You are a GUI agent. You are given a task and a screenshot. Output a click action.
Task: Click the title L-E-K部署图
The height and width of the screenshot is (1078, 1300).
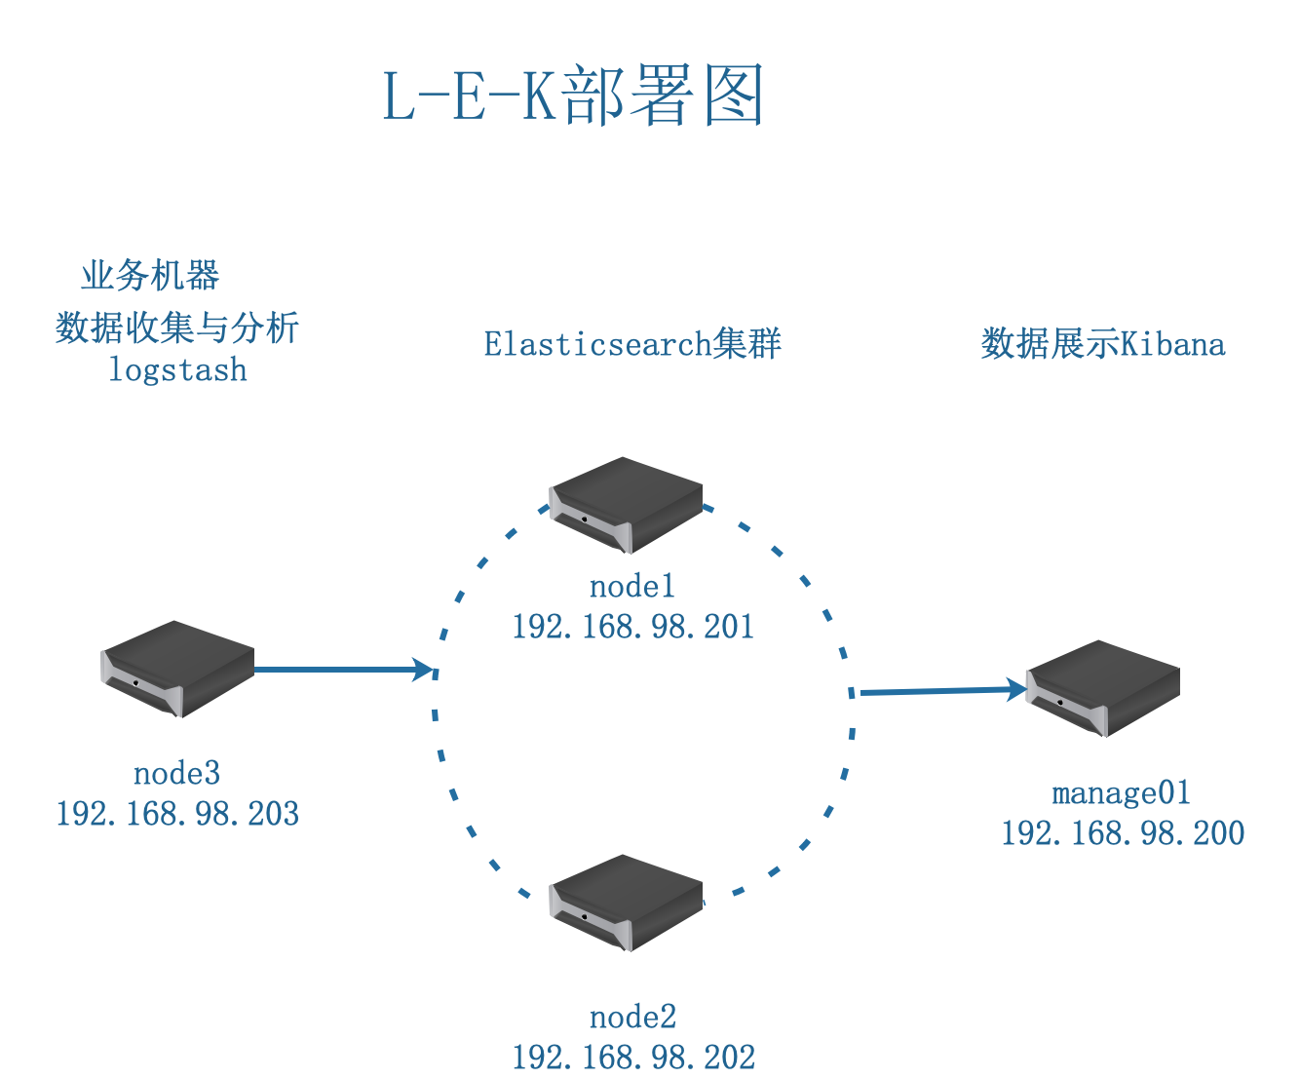point(572,96)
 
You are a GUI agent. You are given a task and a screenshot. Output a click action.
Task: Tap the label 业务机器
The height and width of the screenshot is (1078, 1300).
point(150,276)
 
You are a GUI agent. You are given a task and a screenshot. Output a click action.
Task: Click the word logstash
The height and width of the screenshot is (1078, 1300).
point(177,370)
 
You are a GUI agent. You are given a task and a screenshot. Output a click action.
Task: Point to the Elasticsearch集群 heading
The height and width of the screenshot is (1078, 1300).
point(632,344)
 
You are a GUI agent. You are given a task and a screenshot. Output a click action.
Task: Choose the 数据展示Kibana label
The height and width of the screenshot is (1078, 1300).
point(1102,344)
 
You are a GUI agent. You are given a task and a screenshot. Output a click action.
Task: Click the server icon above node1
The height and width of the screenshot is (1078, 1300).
point(626,504)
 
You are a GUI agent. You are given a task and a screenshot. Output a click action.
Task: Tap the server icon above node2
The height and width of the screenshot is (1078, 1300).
point(626,902)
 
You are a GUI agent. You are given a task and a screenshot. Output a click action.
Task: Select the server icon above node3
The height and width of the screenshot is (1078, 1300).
point(177,669)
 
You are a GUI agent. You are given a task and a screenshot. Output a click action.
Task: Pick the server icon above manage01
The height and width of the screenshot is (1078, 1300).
point(1102,687)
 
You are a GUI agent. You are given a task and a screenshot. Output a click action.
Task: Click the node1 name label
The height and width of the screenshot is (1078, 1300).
point(632,586)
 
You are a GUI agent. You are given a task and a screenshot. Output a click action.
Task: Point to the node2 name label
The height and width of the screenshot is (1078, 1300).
point(632,1017)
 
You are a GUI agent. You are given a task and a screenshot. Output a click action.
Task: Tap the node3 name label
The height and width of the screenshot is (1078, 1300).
point(176,773)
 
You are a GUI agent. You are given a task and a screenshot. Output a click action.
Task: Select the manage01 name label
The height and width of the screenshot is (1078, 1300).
point(1122,792)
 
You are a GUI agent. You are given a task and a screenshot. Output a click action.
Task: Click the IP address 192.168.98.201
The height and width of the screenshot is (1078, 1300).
point(632,626)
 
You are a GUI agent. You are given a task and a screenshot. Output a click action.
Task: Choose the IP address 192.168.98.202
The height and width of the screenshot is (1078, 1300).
point(633,1058)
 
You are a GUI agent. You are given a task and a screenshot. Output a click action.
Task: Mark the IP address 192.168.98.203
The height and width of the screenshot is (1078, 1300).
point(177,813)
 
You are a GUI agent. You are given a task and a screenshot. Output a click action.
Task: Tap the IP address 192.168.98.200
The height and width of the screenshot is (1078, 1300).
point(1123,832)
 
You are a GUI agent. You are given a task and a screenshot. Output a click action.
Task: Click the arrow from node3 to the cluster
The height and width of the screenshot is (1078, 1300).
point(341,670)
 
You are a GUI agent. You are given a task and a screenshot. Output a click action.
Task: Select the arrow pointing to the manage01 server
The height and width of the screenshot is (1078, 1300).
point(940,691)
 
